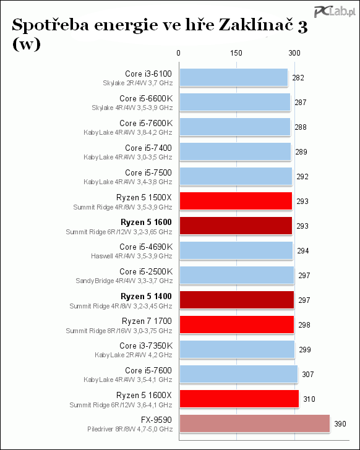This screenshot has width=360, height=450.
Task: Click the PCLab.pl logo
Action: (x=335, y=11)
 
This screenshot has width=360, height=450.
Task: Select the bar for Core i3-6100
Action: (x=234, y=77)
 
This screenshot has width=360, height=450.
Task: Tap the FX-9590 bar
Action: (x=255, y=423)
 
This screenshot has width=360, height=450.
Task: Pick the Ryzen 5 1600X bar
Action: (x=239, y=399)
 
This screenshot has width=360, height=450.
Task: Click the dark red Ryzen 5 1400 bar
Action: (x=237, y=300)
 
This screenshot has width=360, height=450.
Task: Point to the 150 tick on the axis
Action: (x=236, y=53)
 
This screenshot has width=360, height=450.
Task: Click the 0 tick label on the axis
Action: (x=179, y=53)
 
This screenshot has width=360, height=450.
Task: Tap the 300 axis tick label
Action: (x=294, y=53)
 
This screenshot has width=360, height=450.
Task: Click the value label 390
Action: (x=340, y=423)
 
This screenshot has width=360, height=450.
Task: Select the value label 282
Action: (x=298, y=78)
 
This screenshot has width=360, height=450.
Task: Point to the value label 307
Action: (x=308, y=374)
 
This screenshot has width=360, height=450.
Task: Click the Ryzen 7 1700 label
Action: (x=147, y=321)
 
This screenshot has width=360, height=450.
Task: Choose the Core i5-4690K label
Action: (x=146, y=247)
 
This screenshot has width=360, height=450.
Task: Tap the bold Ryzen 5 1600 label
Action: (x=146, y=222)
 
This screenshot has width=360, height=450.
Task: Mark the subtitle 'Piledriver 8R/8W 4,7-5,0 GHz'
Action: (x=130, y=430)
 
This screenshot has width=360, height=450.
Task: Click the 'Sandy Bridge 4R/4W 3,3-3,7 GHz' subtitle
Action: (x=124, y=281)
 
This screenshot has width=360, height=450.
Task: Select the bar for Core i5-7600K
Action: (x=235, y=127)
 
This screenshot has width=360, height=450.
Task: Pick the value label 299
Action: (x=305, y=350)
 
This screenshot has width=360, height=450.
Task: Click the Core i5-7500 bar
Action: (x=236, y=176)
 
